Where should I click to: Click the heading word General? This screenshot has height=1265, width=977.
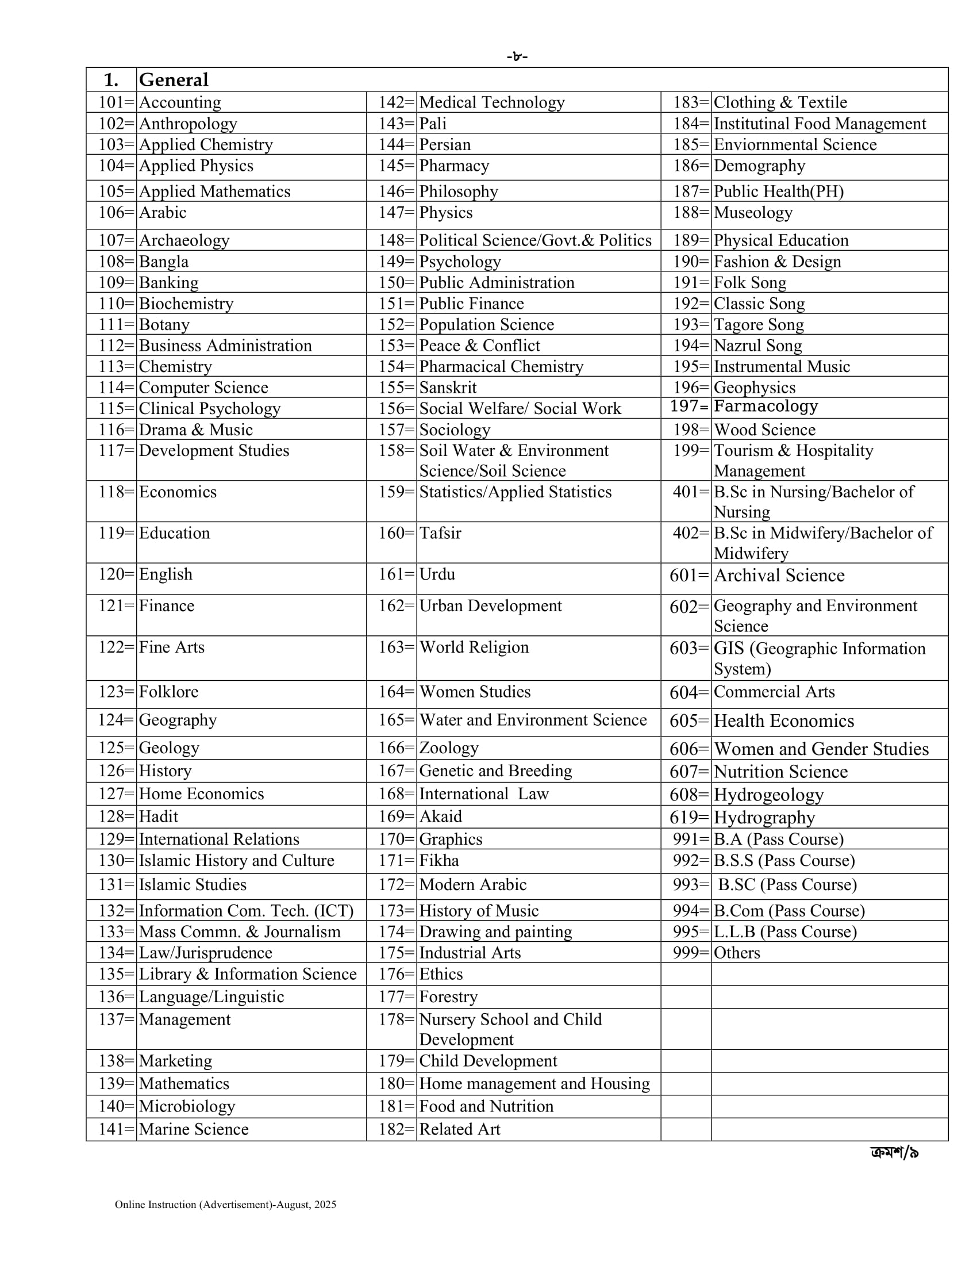174,80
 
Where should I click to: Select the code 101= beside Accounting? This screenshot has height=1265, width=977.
116,102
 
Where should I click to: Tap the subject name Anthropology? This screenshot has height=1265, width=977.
188,124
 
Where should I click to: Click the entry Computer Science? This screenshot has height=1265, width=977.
203,388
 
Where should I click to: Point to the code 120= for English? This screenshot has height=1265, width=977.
116,574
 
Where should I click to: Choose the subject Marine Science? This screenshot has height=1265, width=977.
193,1129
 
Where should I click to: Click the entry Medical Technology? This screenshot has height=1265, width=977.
491,102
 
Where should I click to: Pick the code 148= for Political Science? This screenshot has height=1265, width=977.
397,240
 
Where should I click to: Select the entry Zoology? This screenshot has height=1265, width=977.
449,747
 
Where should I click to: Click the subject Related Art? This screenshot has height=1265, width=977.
460,1129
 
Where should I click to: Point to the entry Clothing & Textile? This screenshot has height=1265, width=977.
780,102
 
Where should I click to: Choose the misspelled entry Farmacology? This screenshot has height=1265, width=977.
766,407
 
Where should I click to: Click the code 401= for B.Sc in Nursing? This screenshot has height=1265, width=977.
690,492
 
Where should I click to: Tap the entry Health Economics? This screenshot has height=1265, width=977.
784,721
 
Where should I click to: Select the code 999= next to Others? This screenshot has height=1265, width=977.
690,953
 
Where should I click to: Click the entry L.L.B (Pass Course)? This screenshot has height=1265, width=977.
785,931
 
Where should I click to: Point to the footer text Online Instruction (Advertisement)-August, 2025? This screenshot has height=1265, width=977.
225,1205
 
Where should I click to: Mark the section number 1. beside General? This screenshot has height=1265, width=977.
110,80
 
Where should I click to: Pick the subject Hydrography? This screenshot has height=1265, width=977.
764,817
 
